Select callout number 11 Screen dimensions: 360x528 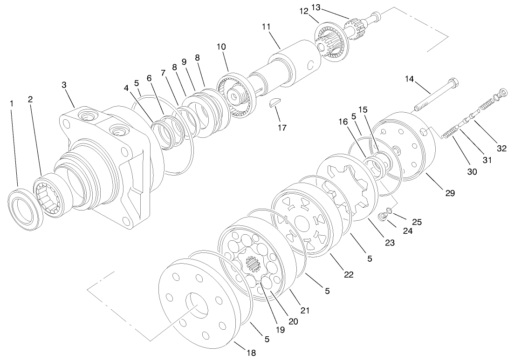click(266, 27)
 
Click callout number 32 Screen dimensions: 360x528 click(501, 149)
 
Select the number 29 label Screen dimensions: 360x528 click(450, 193)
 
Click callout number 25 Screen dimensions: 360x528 click(417, 222)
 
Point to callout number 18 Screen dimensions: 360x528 click(251, 353)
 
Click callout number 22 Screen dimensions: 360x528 click(349, 274)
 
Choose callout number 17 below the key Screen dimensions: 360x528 click(281, 127)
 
